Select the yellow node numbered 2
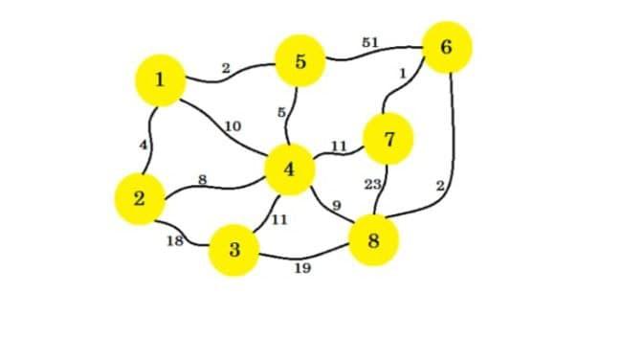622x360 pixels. click(x=140, y=199)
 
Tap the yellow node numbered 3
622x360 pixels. click(x=234, y=250)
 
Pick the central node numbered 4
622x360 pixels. click(x=290, y=170)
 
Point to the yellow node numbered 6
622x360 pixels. click(x=447, y=47)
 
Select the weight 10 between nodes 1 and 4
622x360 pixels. click(x=232, y=125)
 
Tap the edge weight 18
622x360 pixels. click(x=175, y=240)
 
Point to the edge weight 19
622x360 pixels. click(x=301, y=269)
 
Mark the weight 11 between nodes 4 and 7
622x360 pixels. click(x=339, y=146)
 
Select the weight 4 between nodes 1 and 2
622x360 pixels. click(x=143, y=144)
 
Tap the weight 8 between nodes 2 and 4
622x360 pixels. click(x=202, y=178)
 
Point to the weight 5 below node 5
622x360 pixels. click(x=282, y=112)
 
